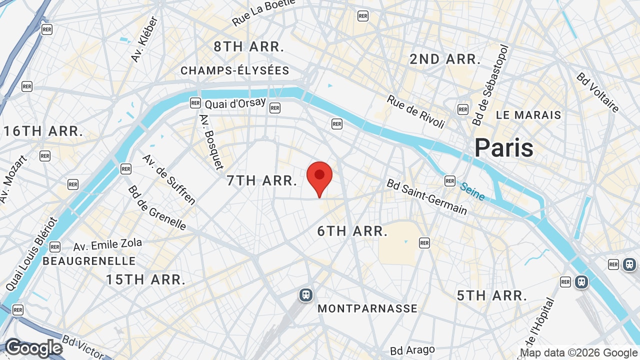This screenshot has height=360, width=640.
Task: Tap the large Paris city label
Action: tap(504, 148)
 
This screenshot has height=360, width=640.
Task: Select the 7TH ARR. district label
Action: tap(262, 180)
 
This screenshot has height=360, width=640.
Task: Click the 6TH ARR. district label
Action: tap(352, 231)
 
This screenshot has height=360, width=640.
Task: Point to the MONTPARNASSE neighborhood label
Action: tap(367, 308)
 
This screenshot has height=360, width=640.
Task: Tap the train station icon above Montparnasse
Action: tap(306, 295)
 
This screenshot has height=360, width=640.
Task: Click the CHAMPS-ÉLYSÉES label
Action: tap(235, 70)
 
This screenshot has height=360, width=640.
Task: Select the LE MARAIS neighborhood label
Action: tap(528, 115)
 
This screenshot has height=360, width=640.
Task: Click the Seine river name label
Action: tap(472, 191)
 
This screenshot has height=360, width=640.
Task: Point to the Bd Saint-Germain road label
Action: tap(426, 197)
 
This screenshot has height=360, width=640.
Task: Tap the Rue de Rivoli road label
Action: tap(415, 111)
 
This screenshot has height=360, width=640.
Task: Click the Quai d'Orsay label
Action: tap(227, 103)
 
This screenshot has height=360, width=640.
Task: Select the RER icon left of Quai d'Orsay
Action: tap(195, 103)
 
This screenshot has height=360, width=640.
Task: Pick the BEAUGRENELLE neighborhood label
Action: tap(89, 261)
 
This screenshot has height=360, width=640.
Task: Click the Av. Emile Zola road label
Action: tap(107, 245)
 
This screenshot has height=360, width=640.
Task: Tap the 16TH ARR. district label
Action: tap(43, 131)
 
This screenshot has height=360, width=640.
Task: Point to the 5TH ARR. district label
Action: tap(492, 295)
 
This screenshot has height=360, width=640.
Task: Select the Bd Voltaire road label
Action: tap(597, 92)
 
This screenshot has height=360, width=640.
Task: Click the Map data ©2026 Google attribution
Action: tap(579, 352)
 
